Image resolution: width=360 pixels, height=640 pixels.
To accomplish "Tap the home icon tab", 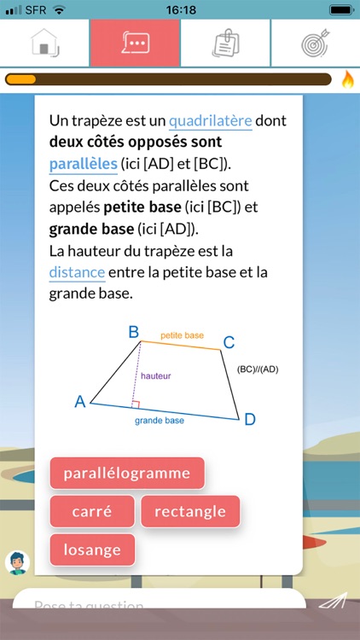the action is tap(44, 44).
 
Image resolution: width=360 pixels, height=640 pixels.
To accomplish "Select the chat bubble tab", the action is tap(135, 44).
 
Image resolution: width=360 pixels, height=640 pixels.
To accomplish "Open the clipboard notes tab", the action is tap(225, 44).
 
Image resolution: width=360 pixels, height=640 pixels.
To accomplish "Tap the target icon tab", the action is tap(315, 44).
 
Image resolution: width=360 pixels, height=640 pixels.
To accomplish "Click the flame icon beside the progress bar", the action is tap(347, 79).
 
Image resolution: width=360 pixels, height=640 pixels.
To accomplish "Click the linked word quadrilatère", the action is tap(211, 120).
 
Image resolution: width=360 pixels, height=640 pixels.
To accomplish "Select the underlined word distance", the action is tap(77, 272).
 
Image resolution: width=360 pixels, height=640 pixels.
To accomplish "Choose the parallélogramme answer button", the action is tap(126, 473).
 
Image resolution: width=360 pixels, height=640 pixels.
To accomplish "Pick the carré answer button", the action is tap(92, 511).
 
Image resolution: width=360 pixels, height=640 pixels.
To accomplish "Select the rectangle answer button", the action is tap(190, 511).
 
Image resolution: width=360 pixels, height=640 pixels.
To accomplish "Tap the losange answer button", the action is tap(92, 550).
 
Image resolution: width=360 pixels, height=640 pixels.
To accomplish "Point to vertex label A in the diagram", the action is tap(80, 401).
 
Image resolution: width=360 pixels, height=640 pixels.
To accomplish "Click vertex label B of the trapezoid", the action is tap(133, 331).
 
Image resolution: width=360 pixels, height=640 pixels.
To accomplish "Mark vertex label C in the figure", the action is tap(229, 342).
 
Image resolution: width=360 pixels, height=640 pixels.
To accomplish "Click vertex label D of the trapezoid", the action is tap(249, 419).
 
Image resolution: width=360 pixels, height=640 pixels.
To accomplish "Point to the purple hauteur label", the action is tap(157, 375).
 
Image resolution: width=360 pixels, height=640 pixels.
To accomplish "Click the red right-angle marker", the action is tap(136, 404).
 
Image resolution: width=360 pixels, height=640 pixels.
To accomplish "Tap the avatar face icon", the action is tap(17, 561).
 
